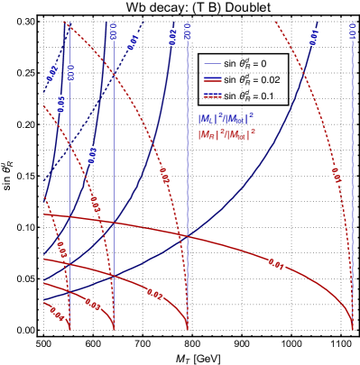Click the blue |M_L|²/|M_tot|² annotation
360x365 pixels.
point(226,118)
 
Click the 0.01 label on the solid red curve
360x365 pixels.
point(277,265)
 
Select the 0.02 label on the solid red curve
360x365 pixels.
point(154,294)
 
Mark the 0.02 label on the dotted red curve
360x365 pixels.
point(164,176)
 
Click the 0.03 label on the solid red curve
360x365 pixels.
point(93,304)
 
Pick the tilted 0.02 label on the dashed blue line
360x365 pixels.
point(52,73)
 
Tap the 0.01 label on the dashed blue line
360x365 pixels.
point(133,42)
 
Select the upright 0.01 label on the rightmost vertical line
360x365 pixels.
point(353,32)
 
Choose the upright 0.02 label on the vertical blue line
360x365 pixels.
point(187,32)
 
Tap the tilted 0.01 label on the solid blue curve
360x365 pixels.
point(314,36)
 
